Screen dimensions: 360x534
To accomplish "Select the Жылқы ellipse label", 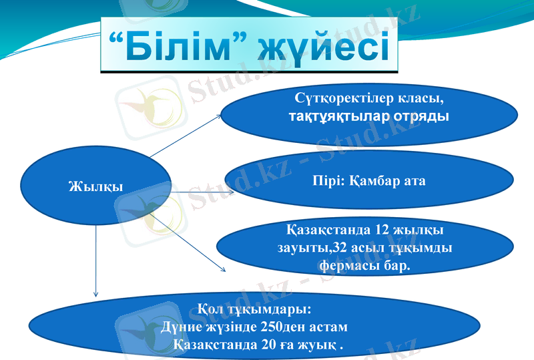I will click(x=96, y=186).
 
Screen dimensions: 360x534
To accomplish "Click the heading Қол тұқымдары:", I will click(x=254, y=311).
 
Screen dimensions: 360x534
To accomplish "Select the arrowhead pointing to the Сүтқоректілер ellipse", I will click(x=223, y=115).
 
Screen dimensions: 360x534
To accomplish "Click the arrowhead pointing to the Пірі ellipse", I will click(x=231, y=192).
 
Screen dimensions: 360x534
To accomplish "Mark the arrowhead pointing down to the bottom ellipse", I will click(x=96, y=293).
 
